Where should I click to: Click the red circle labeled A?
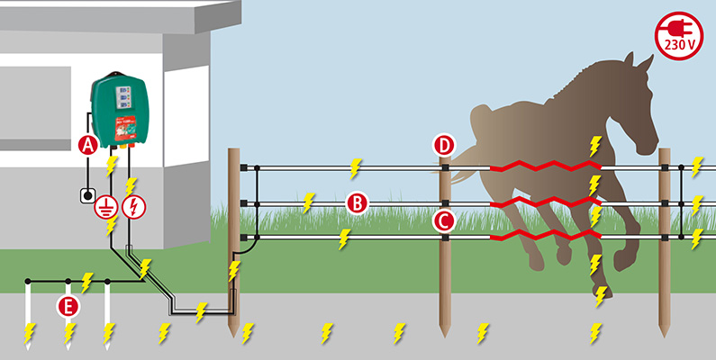[x=87, y=145]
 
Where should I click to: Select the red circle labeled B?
[x=358, y=203]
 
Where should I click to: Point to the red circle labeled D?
[x=444, y=145]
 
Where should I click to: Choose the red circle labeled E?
[x=67, y=305]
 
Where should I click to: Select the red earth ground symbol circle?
[x=106, y=207]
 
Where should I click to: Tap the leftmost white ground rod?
[x=28, y=310]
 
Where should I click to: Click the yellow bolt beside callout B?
[x=310, y=200]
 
